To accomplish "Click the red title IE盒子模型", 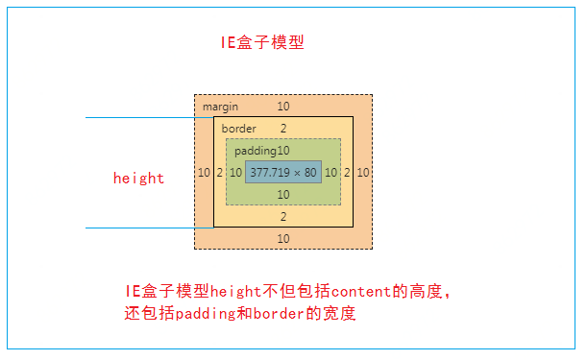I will click(263, 43).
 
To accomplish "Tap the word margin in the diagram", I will click(220, 107).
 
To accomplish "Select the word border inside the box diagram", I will click(239, 129).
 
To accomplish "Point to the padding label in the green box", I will click(256, 151).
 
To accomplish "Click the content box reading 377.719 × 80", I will click(283, 173).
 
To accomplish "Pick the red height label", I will click(138, 178).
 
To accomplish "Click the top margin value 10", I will click(283, 107).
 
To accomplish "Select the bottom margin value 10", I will click(283, 238).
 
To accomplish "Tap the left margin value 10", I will click(204, 173).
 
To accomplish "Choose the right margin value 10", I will click(363, 173).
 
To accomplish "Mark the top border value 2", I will click(283, 129).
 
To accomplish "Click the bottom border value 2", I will click(283, 217).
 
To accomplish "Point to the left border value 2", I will click(219, 173).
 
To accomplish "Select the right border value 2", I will click(347, 173).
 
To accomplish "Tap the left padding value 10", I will click(235, 173).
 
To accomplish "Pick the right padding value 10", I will click(331, 173).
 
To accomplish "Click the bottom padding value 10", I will click(283, 195).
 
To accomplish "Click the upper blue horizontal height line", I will click(144, 118).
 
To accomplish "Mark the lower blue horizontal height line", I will click(144, 228).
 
